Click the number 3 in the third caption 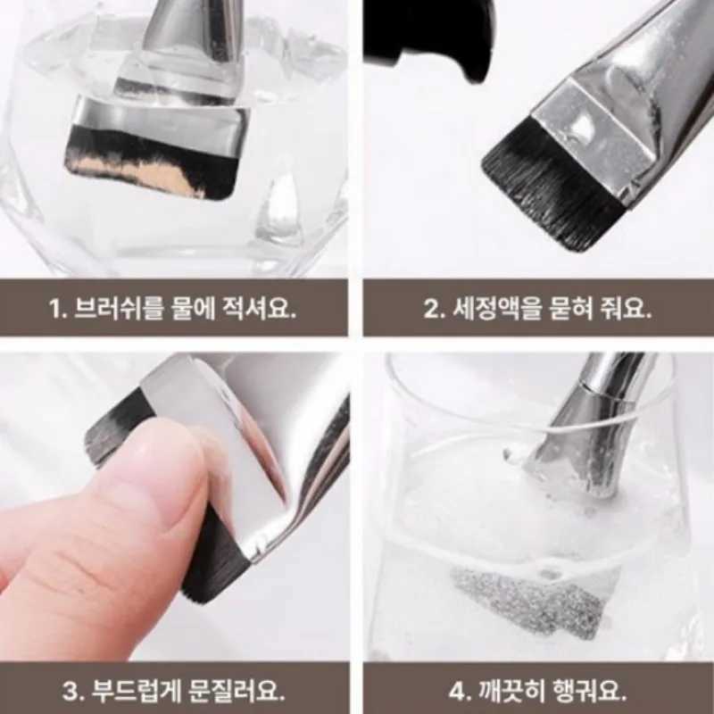[71, 690]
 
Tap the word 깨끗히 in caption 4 [507, 690]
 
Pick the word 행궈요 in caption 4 [590, 690]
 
